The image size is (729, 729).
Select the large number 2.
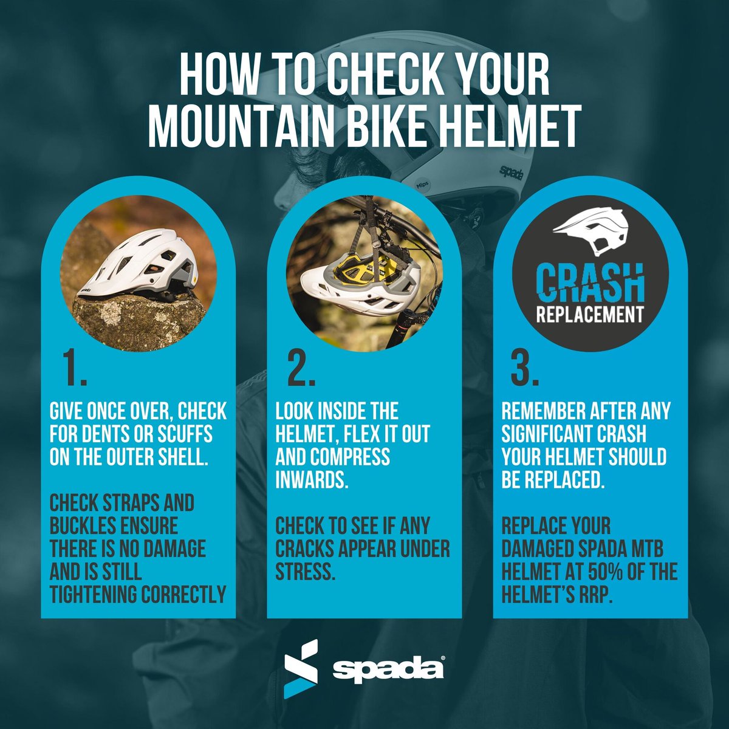pyautogui.click(x=301, y=369)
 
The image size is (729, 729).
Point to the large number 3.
pyautogui.click(x=525, y=369)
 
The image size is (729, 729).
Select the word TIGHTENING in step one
pyautogui.click(x=94, y=595)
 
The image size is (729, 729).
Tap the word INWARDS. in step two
pyautogui.click(x=312, y=480)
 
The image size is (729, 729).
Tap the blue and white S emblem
pyautogui.click(x=301, y=668)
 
